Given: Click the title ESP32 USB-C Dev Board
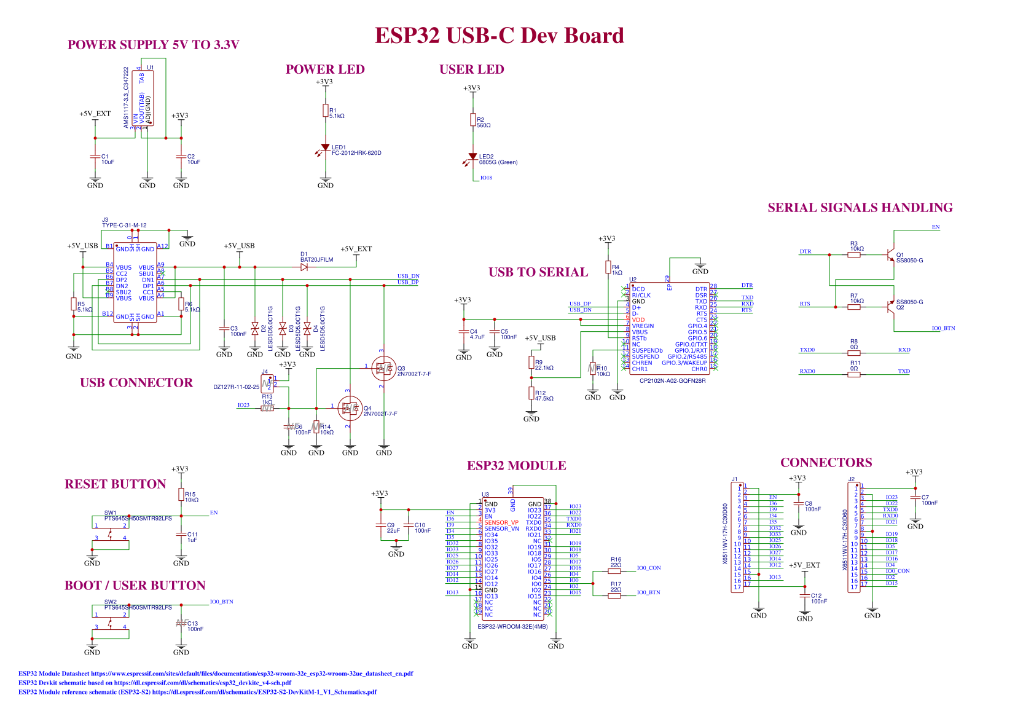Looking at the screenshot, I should point(499,36).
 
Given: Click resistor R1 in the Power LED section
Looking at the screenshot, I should point(325,111).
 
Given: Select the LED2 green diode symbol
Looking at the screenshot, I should point(472,157).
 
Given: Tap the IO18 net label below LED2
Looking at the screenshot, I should point(486,178).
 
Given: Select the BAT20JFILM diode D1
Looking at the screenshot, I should point(305,267).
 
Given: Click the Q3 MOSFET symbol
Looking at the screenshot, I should point(383,368).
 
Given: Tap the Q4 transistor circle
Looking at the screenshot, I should point(350,408).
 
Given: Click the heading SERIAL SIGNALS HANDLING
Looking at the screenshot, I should point(860,208).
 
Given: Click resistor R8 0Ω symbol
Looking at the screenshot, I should point(853,353).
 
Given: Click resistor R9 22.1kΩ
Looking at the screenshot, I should point(531,363).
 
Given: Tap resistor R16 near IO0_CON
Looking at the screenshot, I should point(614,571).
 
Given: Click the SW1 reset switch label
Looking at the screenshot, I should point(110,513).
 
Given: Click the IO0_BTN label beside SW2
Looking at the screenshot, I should point(221,602).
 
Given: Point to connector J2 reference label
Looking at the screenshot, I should point(851,479).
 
